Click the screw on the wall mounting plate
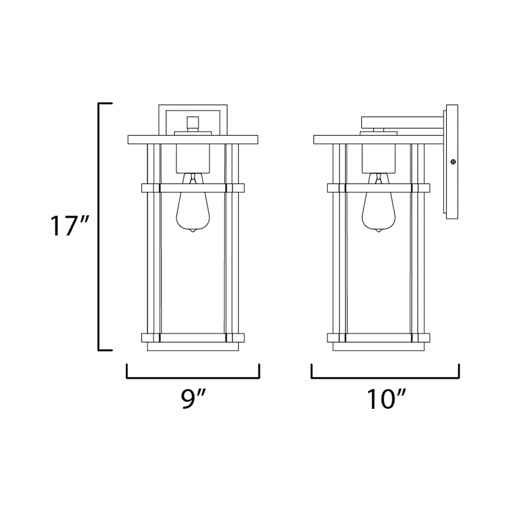[453, 162]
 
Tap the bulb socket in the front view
[193, 158]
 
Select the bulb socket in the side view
[378, 158]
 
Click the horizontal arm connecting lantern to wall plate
[402, 122]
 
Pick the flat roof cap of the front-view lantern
[193, 140]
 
